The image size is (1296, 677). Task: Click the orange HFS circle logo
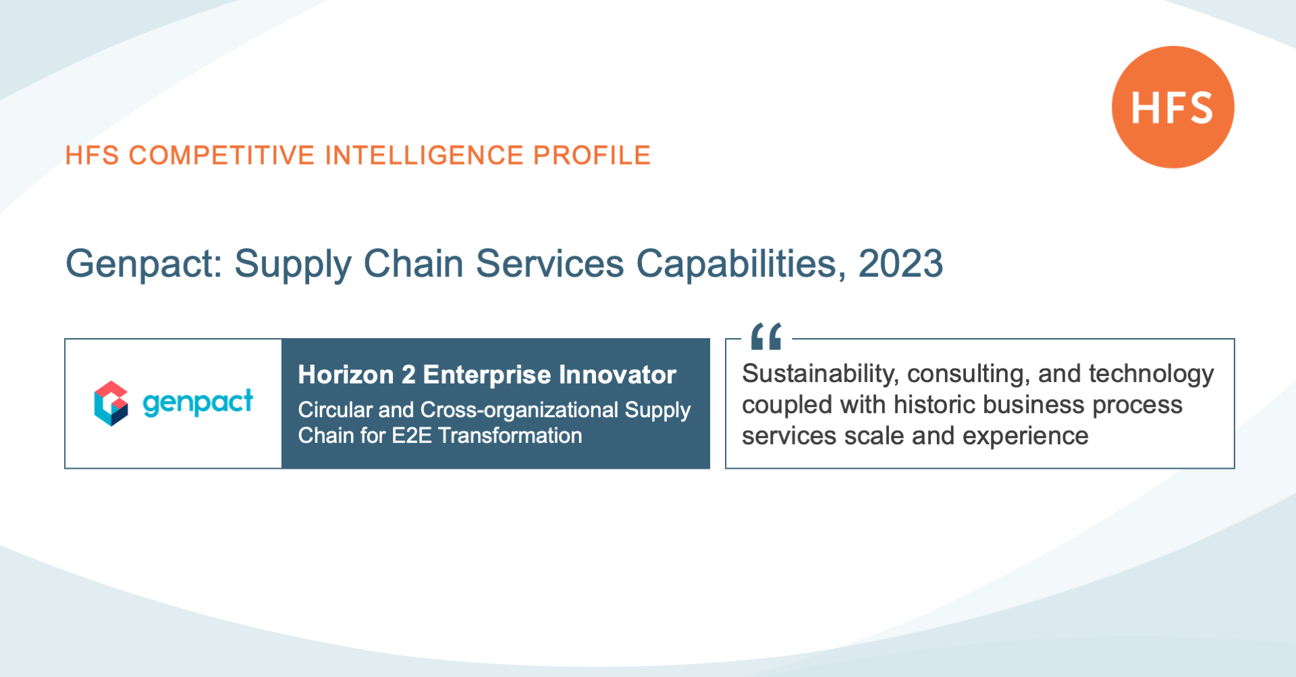point(1173,107)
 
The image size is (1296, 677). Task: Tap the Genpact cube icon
point(111,404)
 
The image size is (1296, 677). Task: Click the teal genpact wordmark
point(198,403)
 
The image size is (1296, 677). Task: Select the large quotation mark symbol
point(766,336)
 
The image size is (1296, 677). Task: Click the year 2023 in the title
point(900,263)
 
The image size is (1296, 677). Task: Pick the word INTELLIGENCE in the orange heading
point(424,155)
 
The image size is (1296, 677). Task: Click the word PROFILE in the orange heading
point(592,155)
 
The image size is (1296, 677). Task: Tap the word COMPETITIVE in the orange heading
point(221,155)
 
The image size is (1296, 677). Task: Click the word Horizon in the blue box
point(346,375)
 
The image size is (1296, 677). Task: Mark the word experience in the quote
point(1025,437)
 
